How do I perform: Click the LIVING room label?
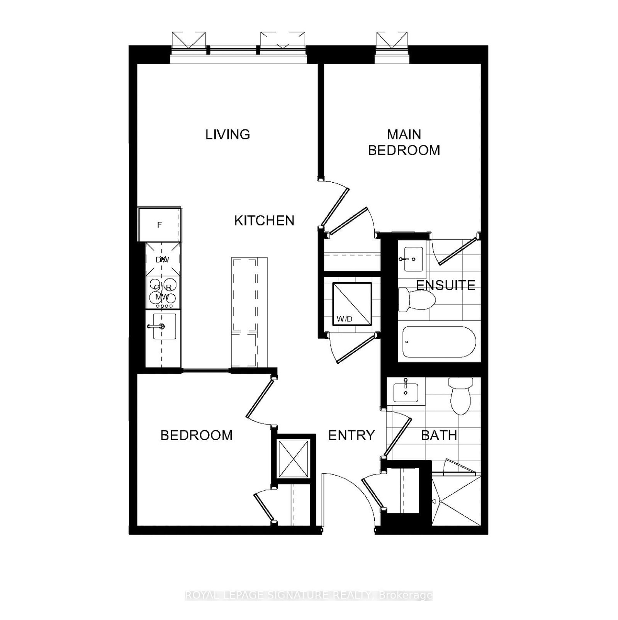click(228, 134)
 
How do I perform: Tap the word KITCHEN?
click(264, 220)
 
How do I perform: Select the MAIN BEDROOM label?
click(404, 142)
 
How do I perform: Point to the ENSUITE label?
click(446, 285)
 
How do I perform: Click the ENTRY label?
click(351, 435)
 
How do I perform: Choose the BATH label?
click(439, 435)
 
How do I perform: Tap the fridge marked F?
click(160, 225)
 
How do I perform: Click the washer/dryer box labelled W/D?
click(352, 303)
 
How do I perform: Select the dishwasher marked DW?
click(163, 259)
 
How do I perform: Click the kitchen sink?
click(165, 327)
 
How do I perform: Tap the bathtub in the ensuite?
click(439, 342)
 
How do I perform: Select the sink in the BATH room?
click(406, 392)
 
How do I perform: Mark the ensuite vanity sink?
click(411, 259)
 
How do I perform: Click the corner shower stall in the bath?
click(456, 501)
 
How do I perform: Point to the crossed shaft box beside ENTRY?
click(294, 459)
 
